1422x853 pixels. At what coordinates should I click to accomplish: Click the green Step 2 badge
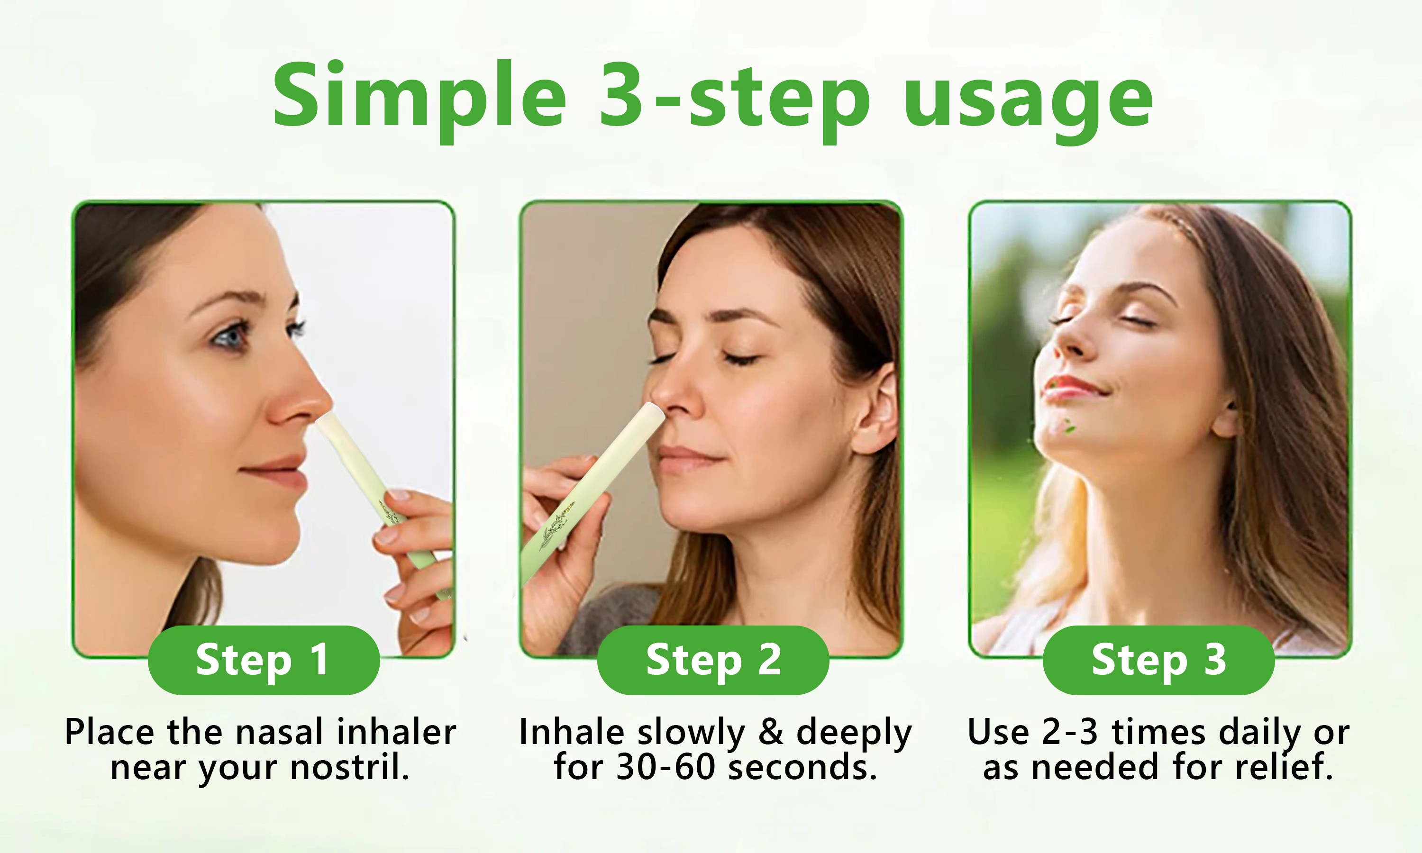713,660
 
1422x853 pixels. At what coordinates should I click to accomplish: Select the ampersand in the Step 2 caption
771,733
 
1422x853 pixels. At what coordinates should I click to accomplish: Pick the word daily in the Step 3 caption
1259,733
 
